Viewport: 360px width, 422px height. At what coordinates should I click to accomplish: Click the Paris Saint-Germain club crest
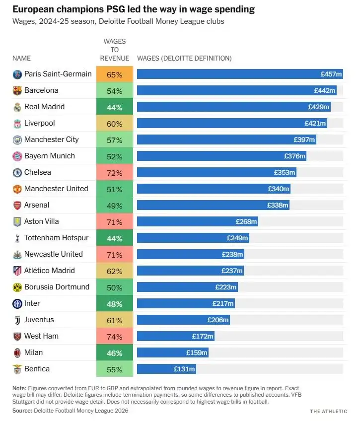tap(17, 74)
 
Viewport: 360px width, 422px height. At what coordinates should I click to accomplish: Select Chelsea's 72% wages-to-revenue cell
tap(115, 172)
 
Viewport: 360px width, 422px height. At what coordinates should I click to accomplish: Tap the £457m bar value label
tap(331, 74)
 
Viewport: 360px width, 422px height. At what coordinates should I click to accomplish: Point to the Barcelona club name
tap(41, 90)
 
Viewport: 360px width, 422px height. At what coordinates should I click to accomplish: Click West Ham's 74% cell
tap(115, 337)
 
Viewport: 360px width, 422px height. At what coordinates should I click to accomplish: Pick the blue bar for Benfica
tap(166, 369)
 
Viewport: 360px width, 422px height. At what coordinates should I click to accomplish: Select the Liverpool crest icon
tap(17, 124)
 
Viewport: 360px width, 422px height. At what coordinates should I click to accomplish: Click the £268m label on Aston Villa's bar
tap(246, 221)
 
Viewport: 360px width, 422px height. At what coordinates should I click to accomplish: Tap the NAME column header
tap(21, 58)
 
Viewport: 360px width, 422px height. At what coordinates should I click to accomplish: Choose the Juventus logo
tap(17, 320)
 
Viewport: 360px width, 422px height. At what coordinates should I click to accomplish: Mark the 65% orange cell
tap(115, 74)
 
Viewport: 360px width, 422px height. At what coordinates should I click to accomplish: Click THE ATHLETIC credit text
tap(329, 411)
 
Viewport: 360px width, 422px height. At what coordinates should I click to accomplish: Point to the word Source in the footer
tap(22, 411)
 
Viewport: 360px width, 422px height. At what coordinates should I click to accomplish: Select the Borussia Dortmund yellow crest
tap(17, 287)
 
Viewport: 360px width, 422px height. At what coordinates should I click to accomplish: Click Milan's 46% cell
tap(115, 353)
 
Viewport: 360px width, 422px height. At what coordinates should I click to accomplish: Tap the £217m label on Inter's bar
tap(223, 303)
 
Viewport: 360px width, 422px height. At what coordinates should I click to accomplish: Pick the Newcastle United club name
tap(53, 254)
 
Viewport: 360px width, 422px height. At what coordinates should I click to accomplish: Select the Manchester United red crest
tap(17, 189)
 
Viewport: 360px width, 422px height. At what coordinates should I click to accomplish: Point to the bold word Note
tap(19, 388)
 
